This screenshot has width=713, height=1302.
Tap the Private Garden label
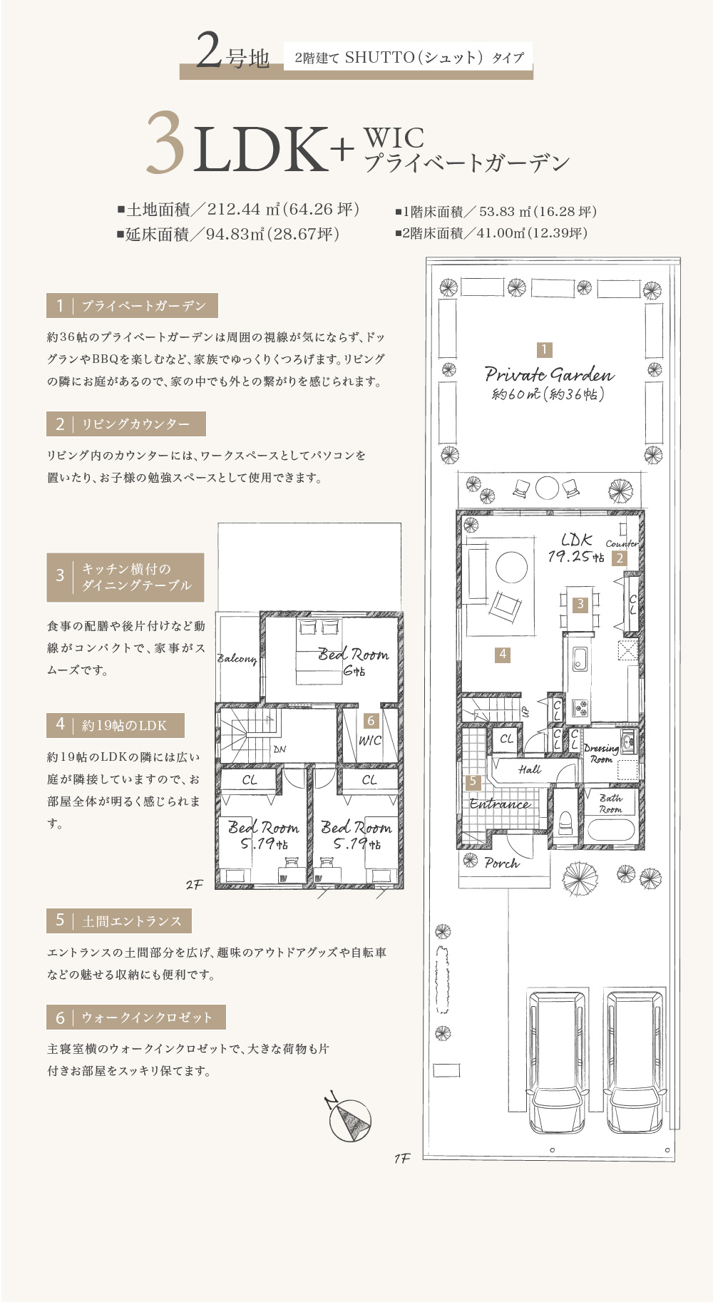(549, 374)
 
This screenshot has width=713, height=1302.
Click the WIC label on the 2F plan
(369, 741)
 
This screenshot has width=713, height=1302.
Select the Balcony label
(237, 659)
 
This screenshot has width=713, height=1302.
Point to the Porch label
(502, 863)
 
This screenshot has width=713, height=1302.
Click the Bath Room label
(610, 804)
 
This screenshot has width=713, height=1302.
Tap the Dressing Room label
(601, 754)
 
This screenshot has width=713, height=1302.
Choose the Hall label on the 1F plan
(530, 769)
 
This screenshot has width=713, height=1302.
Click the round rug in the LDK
(511, 569)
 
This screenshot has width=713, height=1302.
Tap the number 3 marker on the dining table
(580, 605)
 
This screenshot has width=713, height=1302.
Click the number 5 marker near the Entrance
(473, 781)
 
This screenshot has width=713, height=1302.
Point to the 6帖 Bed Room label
(354, 661)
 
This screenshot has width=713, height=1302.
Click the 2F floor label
(194, 885)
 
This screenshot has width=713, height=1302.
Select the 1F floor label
(402, 1159)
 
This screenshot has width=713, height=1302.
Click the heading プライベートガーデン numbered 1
(132, 306)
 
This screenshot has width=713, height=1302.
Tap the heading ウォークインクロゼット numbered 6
(136, 1017)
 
